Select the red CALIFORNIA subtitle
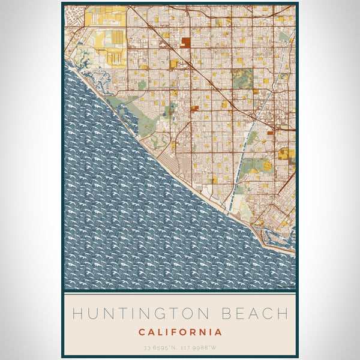tap(180, 332)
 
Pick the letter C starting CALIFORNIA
tap(142, 332)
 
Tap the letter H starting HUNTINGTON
tap(76, 314)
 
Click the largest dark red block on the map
tap(186, 43)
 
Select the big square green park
tap(243, 77)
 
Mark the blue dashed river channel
tap(243, 162)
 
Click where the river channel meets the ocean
tap(227, 211)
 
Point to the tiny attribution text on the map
tap(285, 287)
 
